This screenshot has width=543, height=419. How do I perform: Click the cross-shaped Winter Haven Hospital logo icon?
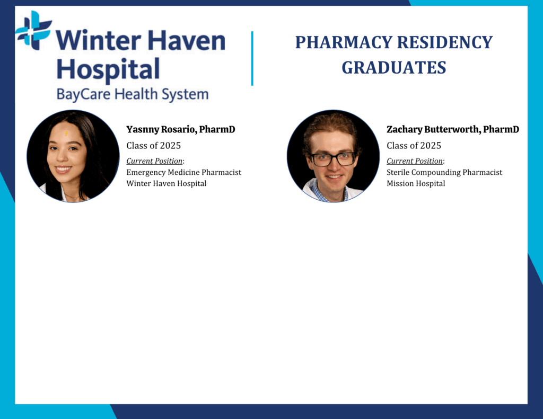(x=33, y=30)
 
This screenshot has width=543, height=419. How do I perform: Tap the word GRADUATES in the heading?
(x=394, y=67)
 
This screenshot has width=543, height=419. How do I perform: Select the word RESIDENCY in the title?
(x=445, y=42)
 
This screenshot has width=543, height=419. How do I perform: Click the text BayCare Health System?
(x=133, y=94)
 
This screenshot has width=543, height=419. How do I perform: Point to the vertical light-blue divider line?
(x=252, y=58)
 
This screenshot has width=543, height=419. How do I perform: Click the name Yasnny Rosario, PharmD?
(x=181, y=129)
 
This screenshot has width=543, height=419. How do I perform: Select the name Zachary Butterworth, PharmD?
(x=453, y=129)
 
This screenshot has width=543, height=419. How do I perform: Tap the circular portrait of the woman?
(x=73, y=156)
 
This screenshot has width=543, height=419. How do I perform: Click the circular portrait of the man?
(x=334, y=156)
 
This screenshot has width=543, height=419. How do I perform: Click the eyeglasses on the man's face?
(x=332, y=159)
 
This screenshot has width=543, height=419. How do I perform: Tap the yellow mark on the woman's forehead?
(x=66, y=133)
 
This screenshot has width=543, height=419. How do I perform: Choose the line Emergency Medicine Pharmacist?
(x=184, y=172)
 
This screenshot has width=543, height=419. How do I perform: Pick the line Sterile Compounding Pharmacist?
(x=444, y=172)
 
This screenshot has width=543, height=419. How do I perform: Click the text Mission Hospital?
(x=416, y=183)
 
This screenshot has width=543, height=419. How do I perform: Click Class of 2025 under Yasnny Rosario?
(x=153, y=146)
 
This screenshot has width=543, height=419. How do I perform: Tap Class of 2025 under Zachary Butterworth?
(x=414, y=146)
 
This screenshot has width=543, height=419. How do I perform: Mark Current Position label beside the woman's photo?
(x=154, y=161)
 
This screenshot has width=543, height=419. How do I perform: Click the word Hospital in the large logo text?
(x=108, y=70)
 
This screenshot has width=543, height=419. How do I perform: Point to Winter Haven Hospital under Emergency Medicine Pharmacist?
(x=166, y=183)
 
